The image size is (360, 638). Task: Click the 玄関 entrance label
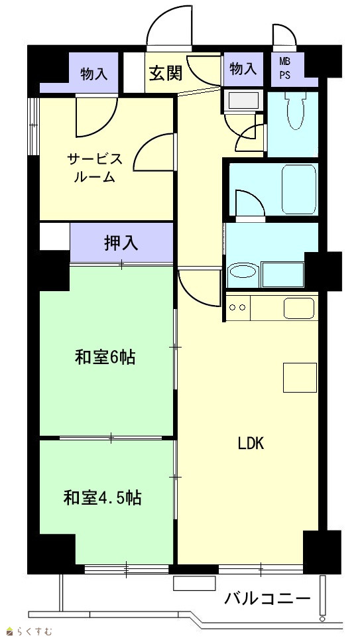click(x=165, y=74)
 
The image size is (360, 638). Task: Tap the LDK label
click(x=251, y=444)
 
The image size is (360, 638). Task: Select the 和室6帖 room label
click(x=105, y=358)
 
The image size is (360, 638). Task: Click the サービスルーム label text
click(x=94, y=168)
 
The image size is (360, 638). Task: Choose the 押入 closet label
click(x=121, y=243)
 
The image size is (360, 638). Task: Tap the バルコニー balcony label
click(x=267, y=598)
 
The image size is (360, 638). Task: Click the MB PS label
click(x=284, y=69)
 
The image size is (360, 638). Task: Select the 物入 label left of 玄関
click(x=94, y=74)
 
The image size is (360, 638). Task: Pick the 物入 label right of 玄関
click(x=243, y=69)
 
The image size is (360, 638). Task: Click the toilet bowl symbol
click(x=295, y=110)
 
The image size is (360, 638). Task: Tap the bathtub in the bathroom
click(x=299, y=189)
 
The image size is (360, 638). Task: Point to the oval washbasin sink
click(x=243, y=271)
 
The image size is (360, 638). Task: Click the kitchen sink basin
click(x=300, y=308)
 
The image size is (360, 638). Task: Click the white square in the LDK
click(x=300, y=377)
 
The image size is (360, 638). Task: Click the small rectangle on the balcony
click(x=194, y=583)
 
